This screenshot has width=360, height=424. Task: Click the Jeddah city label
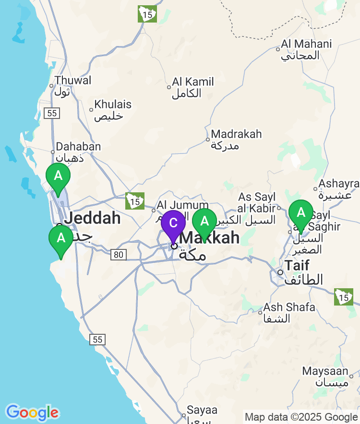(92, 218)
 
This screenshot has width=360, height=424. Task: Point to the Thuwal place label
(72, 81)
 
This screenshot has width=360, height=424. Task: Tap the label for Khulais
(113, 105)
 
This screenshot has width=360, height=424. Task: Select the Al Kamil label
(193, 82)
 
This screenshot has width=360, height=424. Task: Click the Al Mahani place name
(306, 44)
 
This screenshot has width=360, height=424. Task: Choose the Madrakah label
(236, 134)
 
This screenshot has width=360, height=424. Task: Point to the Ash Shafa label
(289, 307)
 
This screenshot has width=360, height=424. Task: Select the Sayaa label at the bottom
(202, 411)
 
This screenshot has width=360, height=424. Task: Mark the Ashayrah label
(339, 184)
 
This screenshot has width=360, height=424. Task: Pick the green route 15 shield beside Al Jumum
(135, 201)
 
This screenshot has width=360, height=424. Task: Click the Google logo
(32, 412)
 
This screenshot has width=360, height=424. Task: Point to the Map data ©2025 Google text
(301, 417)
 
